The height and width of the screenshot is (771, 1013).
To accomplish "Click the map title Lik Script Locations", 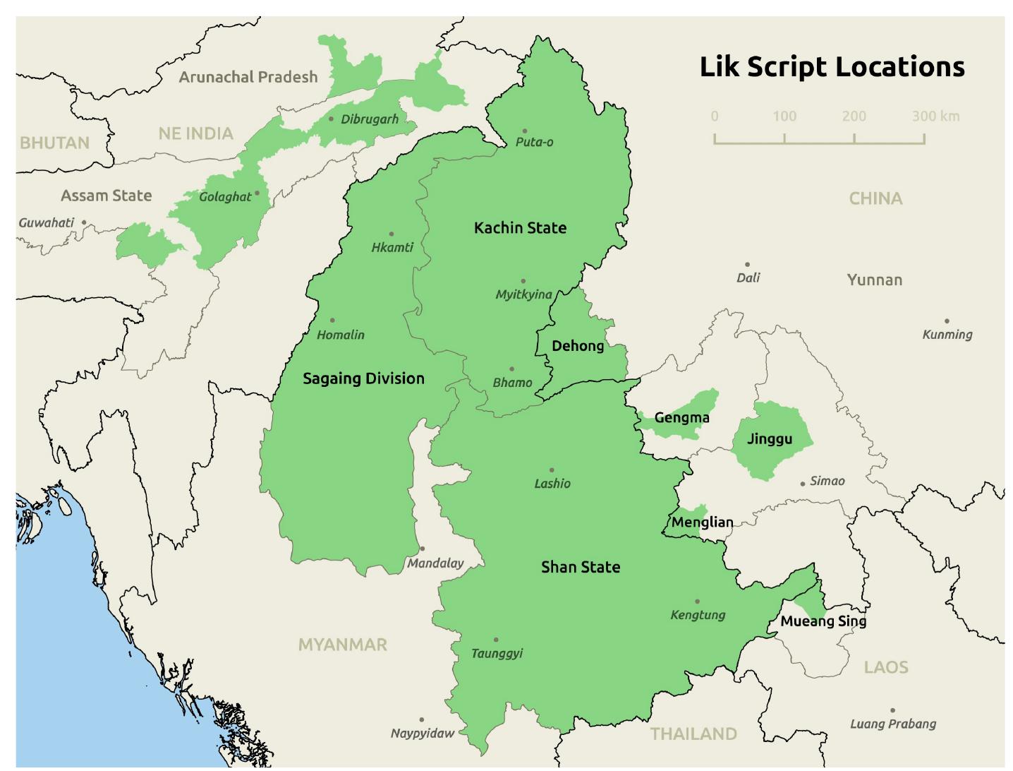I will tap(832, 66).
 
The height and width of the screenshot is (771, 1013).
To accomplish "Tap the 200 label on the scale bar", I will tap(854, 116).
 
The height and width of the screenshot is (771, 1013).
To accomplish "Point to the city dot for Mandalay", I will tap(422, 549).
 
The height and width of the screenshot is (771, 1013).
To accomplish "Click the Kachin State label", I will tap(520, 227).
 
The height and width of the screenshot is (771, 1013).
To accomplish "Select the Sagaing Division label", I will tap(363, 378).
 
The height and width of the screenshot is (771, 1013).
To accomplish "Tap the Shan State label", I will tap(580, 567).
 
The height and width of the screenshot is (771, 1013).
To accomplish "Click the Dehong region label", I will tap(578, 345).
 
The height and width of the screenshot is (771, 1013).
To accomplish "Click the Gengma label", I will tap(681, 417).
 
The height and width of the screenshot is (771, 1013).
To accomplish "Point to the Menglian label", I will tap(702, 522).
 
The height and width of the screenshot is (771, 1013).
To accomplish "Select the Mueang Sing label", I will tap(823, 621).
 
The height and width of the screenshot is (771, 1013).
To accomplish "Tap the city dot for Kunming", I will tap(947, 321).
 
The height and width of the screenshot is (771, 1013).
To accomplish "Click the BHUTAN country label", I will tap(54, 143).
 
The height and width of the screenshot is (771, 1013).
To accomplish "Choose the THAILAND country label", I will tap(693, 734).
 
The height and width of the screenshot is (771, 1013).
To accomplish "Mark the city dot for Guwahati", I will tap(84, 222).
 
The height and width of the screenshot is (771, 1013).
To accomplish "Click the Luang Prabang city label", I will tap(892, 724).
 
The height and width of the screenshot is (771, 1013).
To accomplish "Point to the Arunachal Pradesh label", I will tap(248, 77).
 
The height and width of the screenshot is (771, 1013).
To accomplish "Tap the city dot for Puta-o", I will tap(524, 131).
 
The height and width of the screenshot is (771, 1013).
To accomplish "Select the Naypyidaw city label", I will tap(423, 733).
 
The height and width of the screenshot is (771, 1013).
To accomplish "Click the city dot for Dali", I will tap(747, 265).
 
